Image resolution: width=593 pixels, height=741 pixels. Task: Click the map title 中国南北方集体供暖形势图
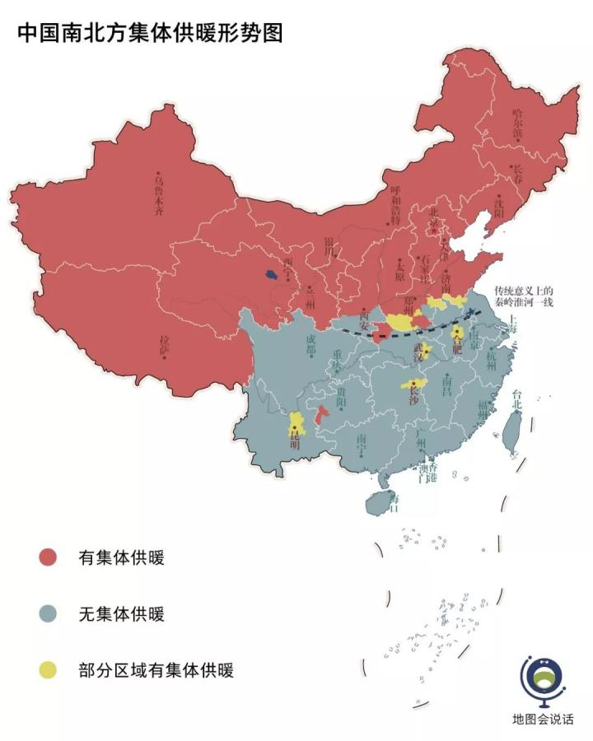(150, 33)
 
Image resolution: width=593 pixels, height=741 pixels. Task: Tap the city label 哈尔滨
(517, 123)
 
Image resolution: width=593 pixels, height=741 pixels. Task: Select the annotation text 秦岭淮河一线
(524, 301)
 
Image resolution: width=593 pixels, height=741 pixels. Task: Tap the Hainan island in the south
(377, 501)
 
